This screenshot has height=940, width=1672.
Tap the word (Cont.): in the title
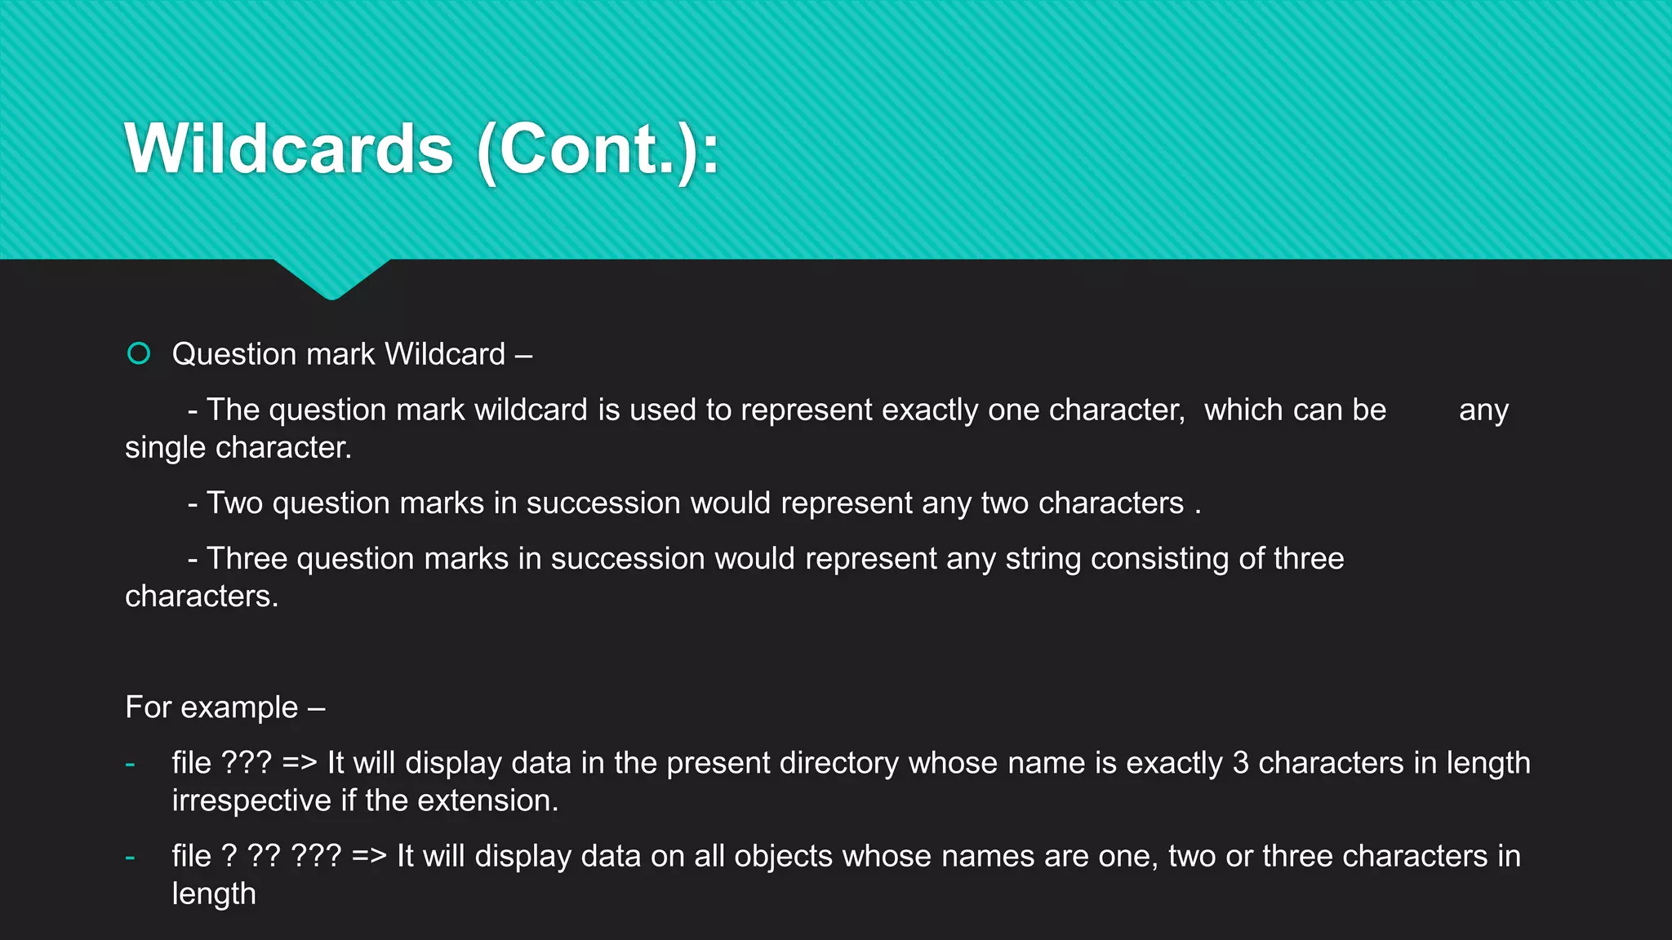click(598, 150)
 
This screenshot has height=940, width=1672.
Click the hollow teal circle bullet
click(139, 353)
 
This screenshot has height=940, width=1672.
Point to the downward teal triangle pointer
click(331, 279)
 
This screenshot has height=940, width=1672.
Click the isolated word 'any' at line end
click(1483, 410)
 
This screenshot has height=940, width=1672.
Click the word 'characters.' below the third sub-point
click(202, 596)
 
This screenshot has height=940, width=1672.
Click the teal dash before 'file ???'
click(130, 765)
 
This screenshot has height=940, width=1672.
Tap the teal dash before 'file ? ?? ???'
click(130, 858)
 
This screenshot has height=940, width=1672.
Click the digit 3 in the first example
click(1240, 763)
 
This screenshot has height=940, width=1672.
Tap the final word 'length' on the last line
click(214, 894)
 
